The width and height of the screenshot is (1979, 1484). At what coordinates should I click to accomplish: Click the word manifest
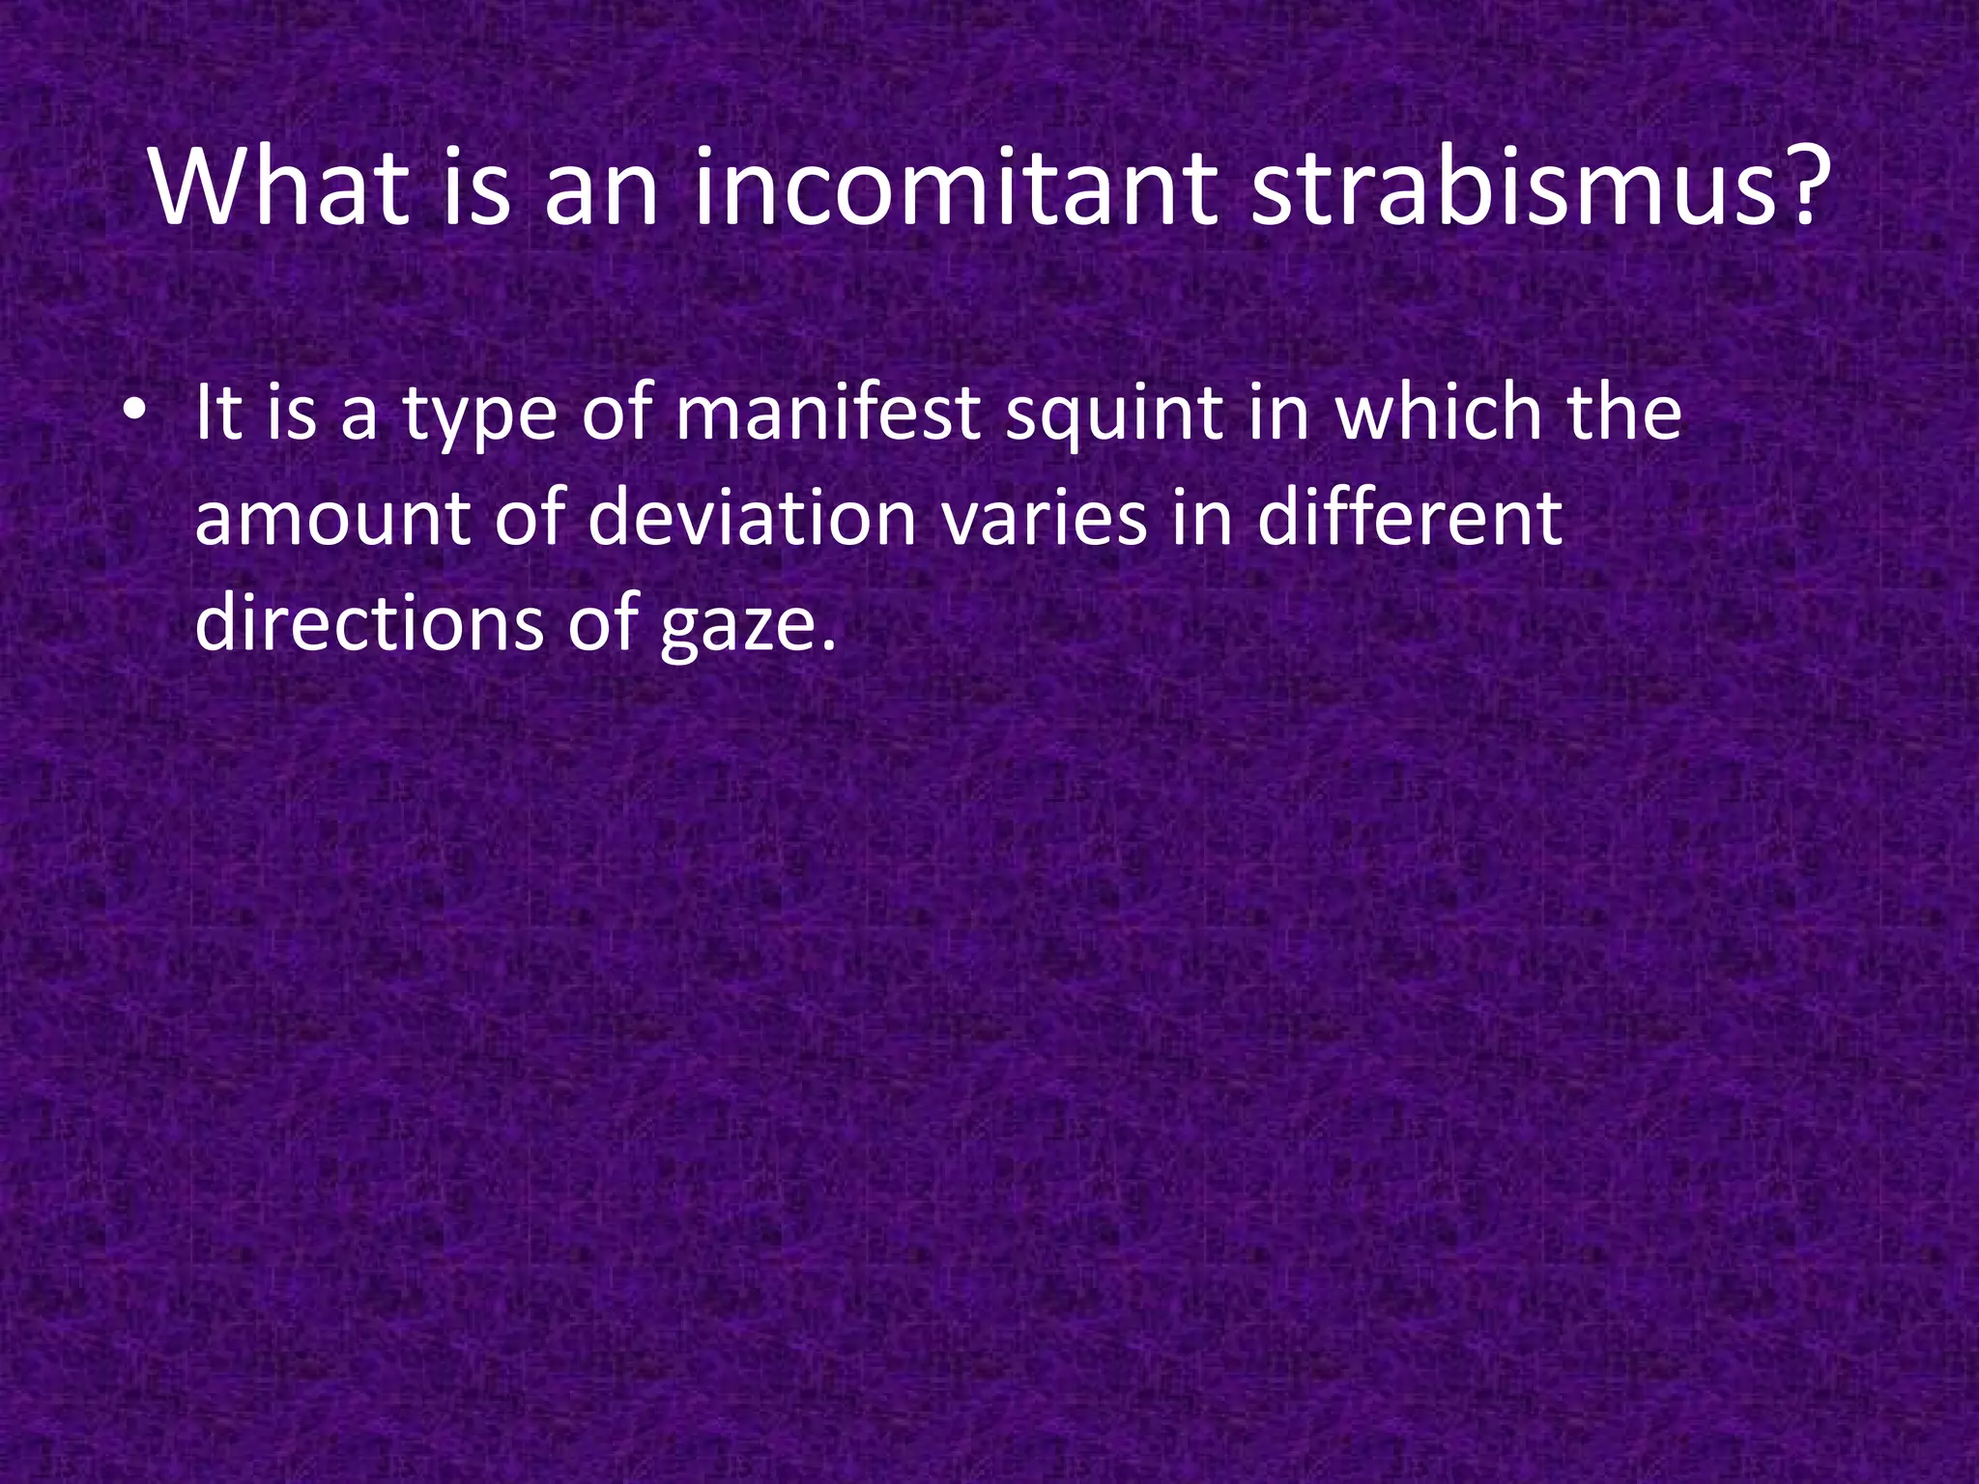[x=828, y=413]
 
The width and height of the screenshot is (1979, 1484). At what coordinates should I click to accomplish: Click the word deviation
[x=752, y=518]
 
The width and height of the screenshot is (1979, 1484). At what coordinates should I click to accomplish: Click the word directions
[x=369, y=622]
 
